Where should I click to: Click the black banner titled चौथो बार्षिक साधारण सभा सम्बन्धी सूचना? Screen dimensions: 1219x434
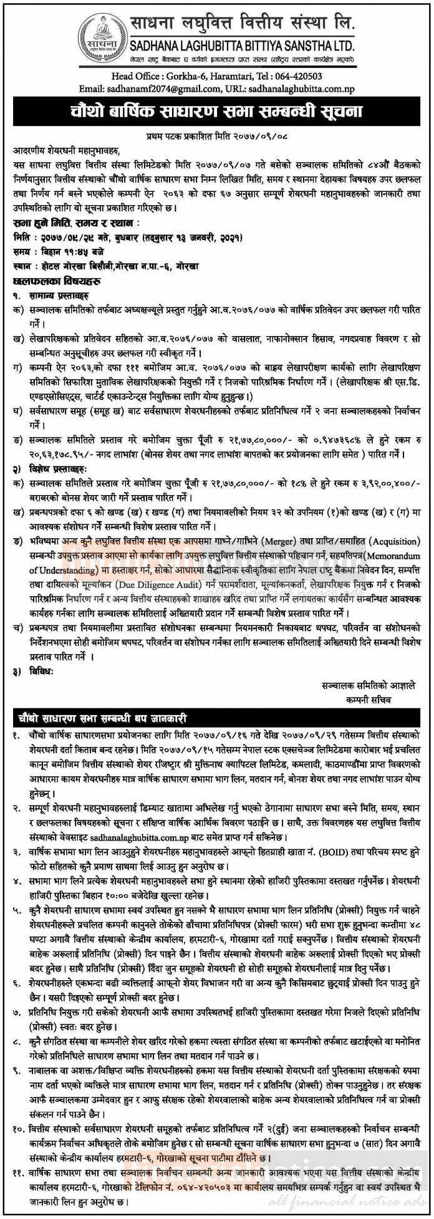tap(216, 112)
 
